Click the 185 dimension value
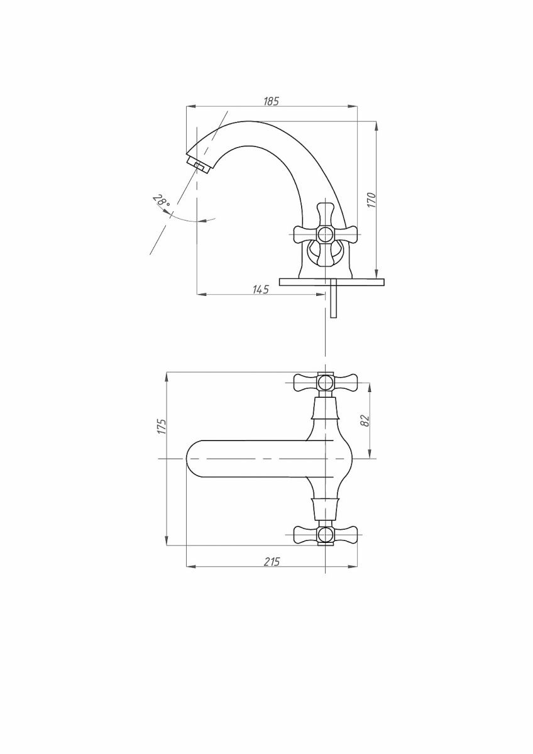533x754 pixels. [272, 101]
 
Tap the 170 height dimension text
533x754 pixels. [371, 200]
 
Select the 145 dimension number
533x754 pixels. [261, 289]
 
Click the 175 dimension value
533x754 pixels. [162, 427]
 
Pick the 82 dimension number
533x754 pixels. [365, 421]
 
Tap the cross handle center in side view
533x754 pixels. [325, 234]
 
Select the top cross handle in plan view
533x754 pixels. [326, 383]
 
